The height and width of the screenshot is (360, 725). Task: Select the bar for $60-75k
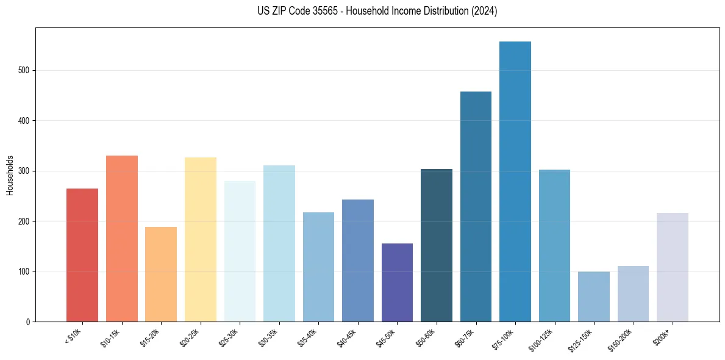pos(476,207)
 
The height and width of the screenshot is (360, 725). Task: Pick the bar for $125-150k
pos(593,297)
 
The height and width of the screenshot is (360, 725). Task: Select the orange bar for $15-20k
pos(161,275)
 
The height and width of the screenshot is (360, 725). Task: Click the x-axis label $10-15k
pos(111,337)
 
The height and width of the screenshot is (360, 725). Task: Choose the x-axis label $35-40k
pos(307,337)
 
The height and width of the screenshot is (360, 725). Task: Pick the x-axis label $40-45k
pos(347,337)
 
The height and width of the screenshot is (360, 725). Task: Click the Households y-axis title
pos(10,175)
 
